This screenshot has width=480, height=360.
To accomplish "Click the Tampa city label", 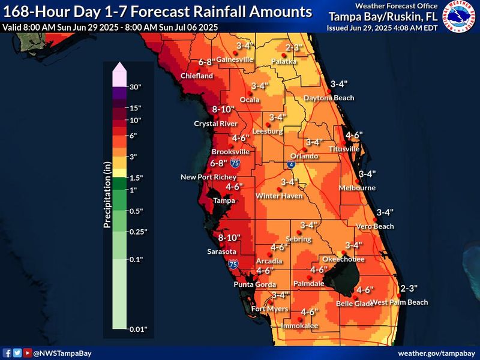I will [x=224, y=200].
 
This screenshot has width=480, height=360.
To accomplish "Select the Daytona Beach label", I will [x=329, y=98].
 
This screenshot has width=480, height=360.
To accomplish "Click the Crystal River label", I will [x=215, y=124].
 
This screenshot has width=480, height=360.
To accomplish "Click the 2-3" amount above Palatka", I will [x=293, y=47].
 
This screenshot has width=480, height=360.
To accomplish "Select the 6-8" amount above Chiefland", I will [x=210, y=62].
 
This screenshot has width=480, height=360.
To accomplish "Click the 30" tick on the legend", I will [x=136, y=87].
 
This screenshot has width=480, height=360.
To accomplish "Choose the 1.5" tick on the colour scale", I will [x=137, y=178].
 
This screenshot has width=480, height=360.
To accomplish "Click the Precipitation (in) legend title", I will [x=107, y=195].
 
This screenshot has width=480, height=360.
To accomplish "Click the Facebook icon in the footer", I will [x=7, y=353].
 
